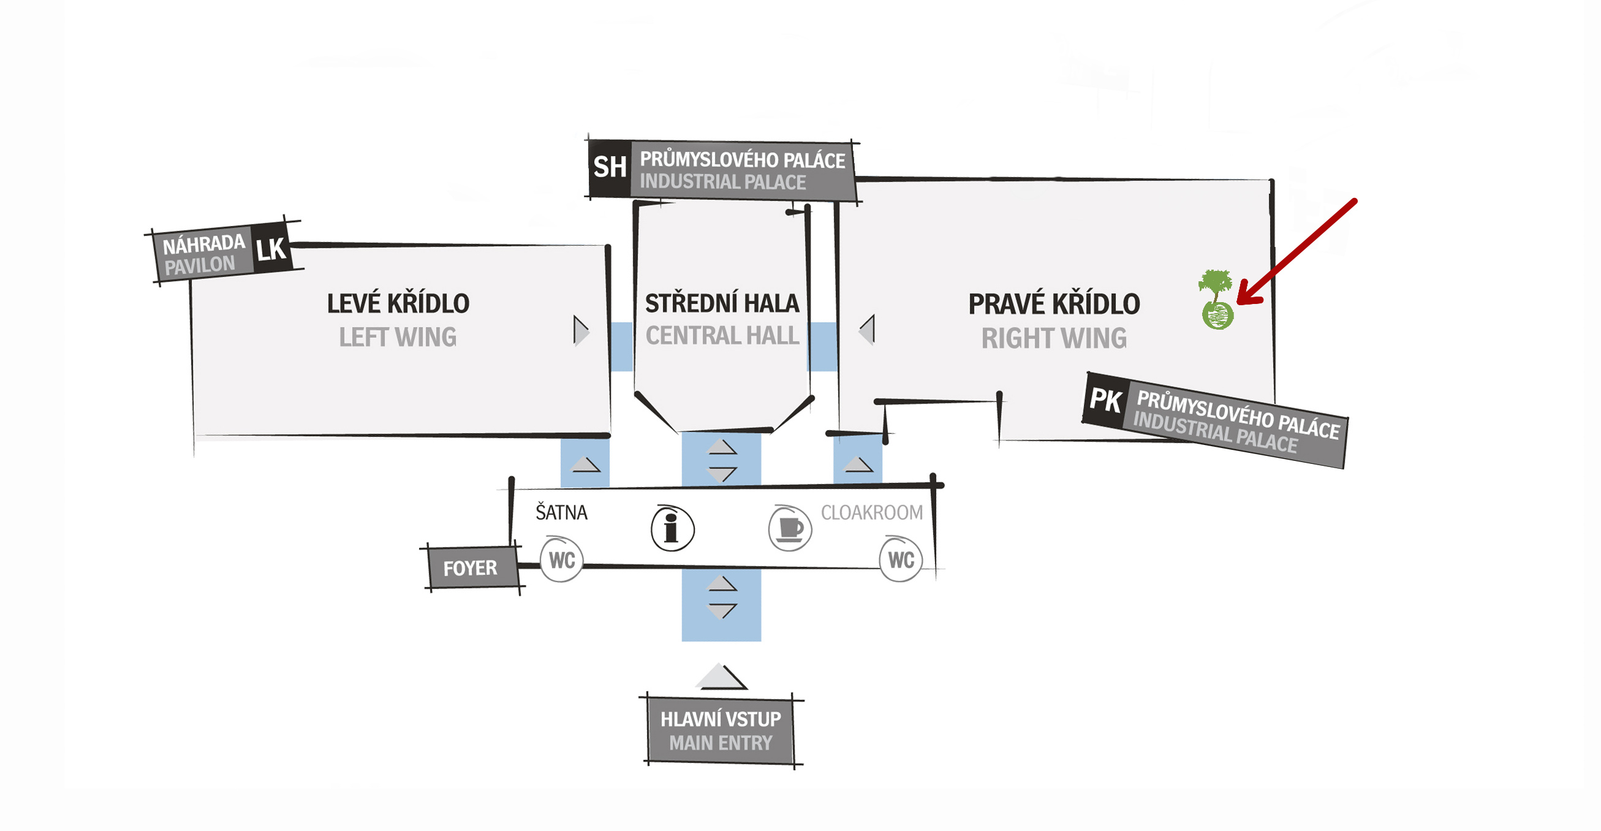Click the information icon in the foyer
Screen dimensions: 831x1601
[672, 529]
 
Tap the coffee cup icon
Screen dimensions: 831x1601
[790, 528]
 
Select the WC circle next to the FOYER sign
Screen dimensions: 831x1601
[561, 560]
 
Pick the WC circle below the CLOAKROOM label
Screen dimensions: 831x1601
[901, 560]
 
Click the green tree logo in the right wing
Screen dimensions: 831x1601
[1216, 300]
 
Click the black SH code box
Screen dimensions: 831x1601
[610, 167]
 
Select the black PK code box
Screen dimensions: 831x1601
[1105, 400]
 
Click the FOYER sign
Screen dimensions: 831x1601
[470, 568]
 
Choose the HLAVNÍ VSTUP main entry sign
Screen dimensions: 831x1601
[721, 731]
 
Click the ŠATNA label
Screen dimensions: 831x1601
[561, 513]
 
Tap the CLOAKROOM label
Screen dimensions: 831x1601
[871, 513]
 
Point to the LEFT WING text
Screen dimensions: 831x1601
[398, 338]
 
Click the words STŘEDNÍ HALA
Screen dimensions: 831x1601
[722, 304]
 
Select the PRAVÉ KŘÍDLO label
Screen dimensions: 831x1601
[1054, 305]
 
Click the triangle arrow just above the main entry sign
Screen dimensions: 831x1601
[721, 676]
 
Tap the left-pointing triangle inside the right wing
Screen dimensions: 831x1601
[868, 330]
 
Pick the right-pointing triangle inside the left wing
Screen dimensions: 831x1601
[580, 331]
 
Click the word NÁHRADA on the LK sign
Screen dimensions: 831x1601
[204, 245]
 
